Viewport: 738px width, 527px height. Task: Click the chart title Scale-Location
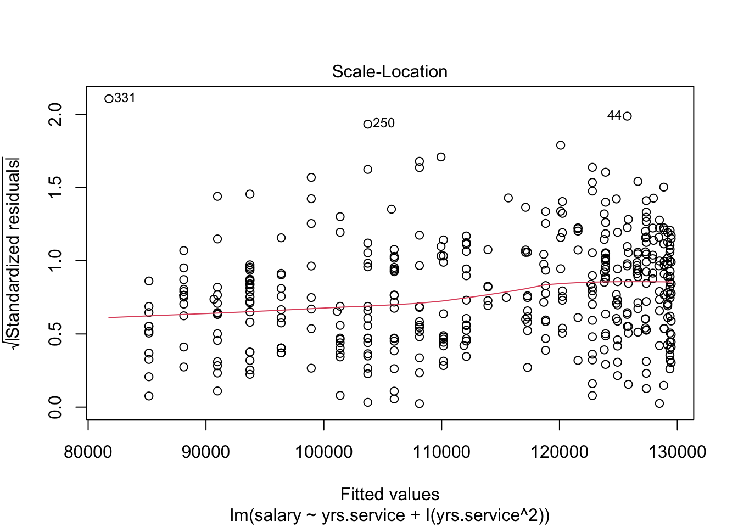pyautogui.click(x=389, y=72)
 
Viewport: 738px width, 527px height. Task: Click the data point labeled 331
pyautogui.click(x=109, y=99)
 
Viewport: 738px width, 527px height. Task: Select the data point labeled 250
pyautogui.click(x=368, y=124)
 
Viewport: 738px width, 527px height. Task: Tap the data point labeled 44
pyautogui.click(x=627, y=116)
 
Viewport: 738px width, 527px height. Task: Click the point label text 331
pyautogui.click(x=125, y=98)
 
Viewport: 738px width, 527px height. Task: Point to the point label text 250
pyautogui.click(x=384, y=123)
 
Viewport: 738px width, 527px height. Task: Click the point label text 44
pyautogui.click(x=614, y=115)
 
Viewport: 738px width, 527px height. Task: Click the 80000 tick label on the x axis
pyautogui.click(x=88, y=452)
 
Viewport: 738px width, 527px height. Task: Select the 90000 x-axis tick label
pyautogui.click(x=206, y=452)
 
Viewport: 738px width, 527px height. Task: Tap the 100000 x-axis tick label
pyautogui.click(x=323, y=452)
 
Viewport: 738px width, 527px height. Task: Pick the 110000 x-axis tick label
pyautogui.click(x=441, y=452)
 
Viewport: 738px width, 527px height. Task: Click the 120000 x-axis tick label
pyautogui.click(x=559, y=452)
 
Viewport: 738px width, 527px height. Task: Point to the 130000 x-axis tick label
pyautogui.click(x=677, y=452)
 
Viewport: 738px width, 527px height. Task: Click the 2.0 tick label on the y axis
pyautogui.click(x=55, y=114)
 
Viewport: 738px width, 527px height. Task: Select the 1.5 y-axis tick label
pyautogui.click(x=55, y=187)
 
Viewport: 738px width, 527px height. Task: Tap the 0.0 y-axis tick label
pyautogui.click(x=55, y=407)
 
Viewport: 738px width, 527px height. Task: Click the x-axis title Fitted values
pyautogui.click(x=389, y=494)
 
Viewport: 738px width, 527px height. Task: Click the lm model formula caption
pyautogui.click(x=389, y=515)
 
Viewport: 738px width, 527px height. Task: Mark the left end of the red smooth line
pyautogui.click(x=109, y=317)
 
